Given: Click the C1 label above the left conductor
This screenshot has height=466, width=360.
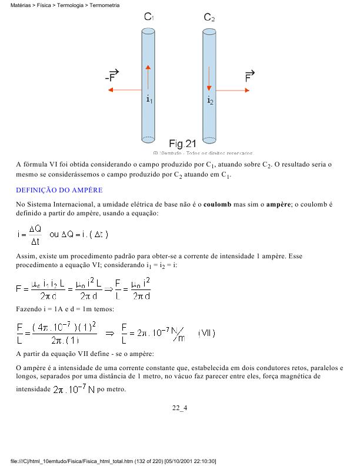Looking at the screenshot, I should pyautogui.click(x=149, y=18).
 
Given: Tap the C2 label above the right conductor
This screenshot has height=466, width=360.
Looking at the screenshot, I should pyautogui.click(x=209, y=18).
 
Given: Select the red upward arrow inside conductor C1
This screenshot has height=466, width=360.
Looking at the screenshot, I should pyautogui.click(x=148, y=76).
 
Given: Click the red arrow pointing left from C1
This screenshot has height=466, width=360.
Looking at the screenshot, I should pyautogui.click(x=125, y=90).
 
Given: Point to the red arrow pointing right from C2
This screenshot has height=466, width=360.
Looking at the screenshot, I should pyautogui.click(x=233, y=90).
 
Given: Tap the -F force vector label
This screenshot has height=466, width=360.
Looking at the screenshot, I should pyautogui.click(x=111, y=76).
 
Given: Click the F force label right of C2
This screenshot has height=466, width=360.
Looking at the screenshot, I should pyautogui.click(x=249, y=76).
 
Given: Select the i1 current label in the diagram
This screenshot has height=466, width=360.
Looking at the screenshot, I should pyautogui.click(x=149, y=100).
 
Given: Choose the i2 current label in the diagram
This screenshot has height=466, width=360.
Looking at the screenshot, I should pyautogui.click(x=210, y=100).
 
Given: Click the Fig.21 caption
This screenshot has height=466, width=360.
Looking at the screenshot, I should pyautogui.click(x=182, y=144).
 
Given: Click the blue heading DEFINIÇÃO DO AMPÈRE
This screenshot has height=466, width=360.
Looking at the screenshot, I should pyautogui.click(x=59, y=190).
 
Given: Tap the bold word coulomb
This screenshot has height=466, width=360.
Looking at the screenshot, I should pyautogui.click(x=212, y=204).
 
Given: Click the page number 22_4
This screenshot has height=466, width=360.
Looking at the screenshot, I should pyautogui.click(x=179, y=407).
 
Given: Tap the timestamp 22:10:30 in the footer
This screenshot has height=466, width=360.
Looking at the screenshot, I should pyautogui.click(x=204, y=461).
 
